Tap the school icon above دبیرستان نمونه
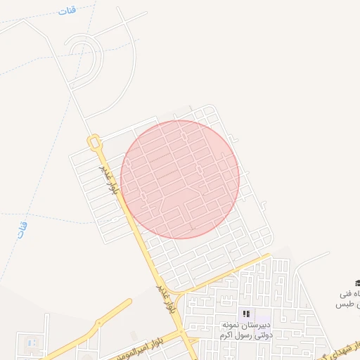tap(246, 314)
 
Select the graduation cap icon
tap(357, 283)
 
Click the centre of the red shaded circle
tap(180, 179)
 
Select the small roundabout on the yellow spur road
tap(98, 323)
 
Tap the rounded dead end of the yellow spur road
tap(129, 302)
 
